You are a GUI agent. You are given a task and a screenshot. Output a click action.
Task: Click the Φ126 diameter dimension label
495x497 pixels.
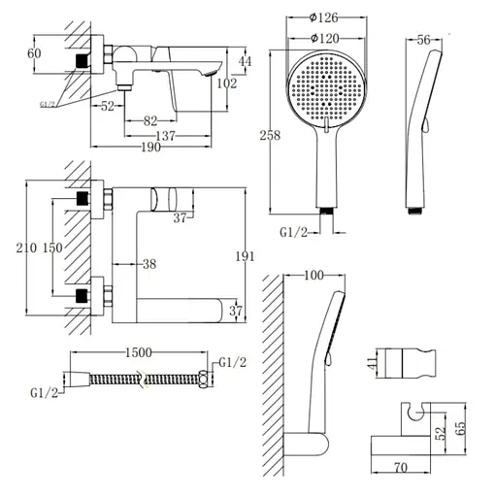point(323,17)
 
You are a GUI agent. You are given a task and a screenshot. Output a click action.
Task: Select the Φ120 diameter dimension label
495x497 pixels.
point(324,39)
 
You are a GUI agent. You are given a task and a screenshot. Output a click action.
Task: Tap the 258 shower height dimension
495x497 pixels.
point(270,135)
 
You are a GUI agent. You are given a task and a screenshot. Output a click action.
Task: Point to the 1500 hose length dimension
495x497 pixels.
point(139,352)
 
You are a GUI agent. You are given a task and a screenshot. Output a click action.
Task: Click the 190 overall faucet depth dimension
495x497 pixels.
point(151,148)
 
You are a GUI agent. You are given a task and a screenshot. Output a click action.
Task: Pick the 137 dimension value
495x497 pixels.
point(165,136)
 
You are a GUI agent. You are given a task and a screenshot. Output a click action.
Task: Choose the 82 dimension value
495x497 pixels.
point(150,121)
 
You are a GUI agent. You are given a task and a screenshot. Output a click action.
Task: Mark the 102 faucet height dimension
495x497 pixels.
point(227,83)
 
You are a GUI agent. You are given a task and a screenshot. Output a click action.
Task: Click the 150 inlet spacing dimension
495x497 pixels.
point(52,248)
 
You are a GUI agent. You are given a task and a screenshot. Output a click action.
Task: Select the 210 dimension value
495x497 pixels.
point(26,248)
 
